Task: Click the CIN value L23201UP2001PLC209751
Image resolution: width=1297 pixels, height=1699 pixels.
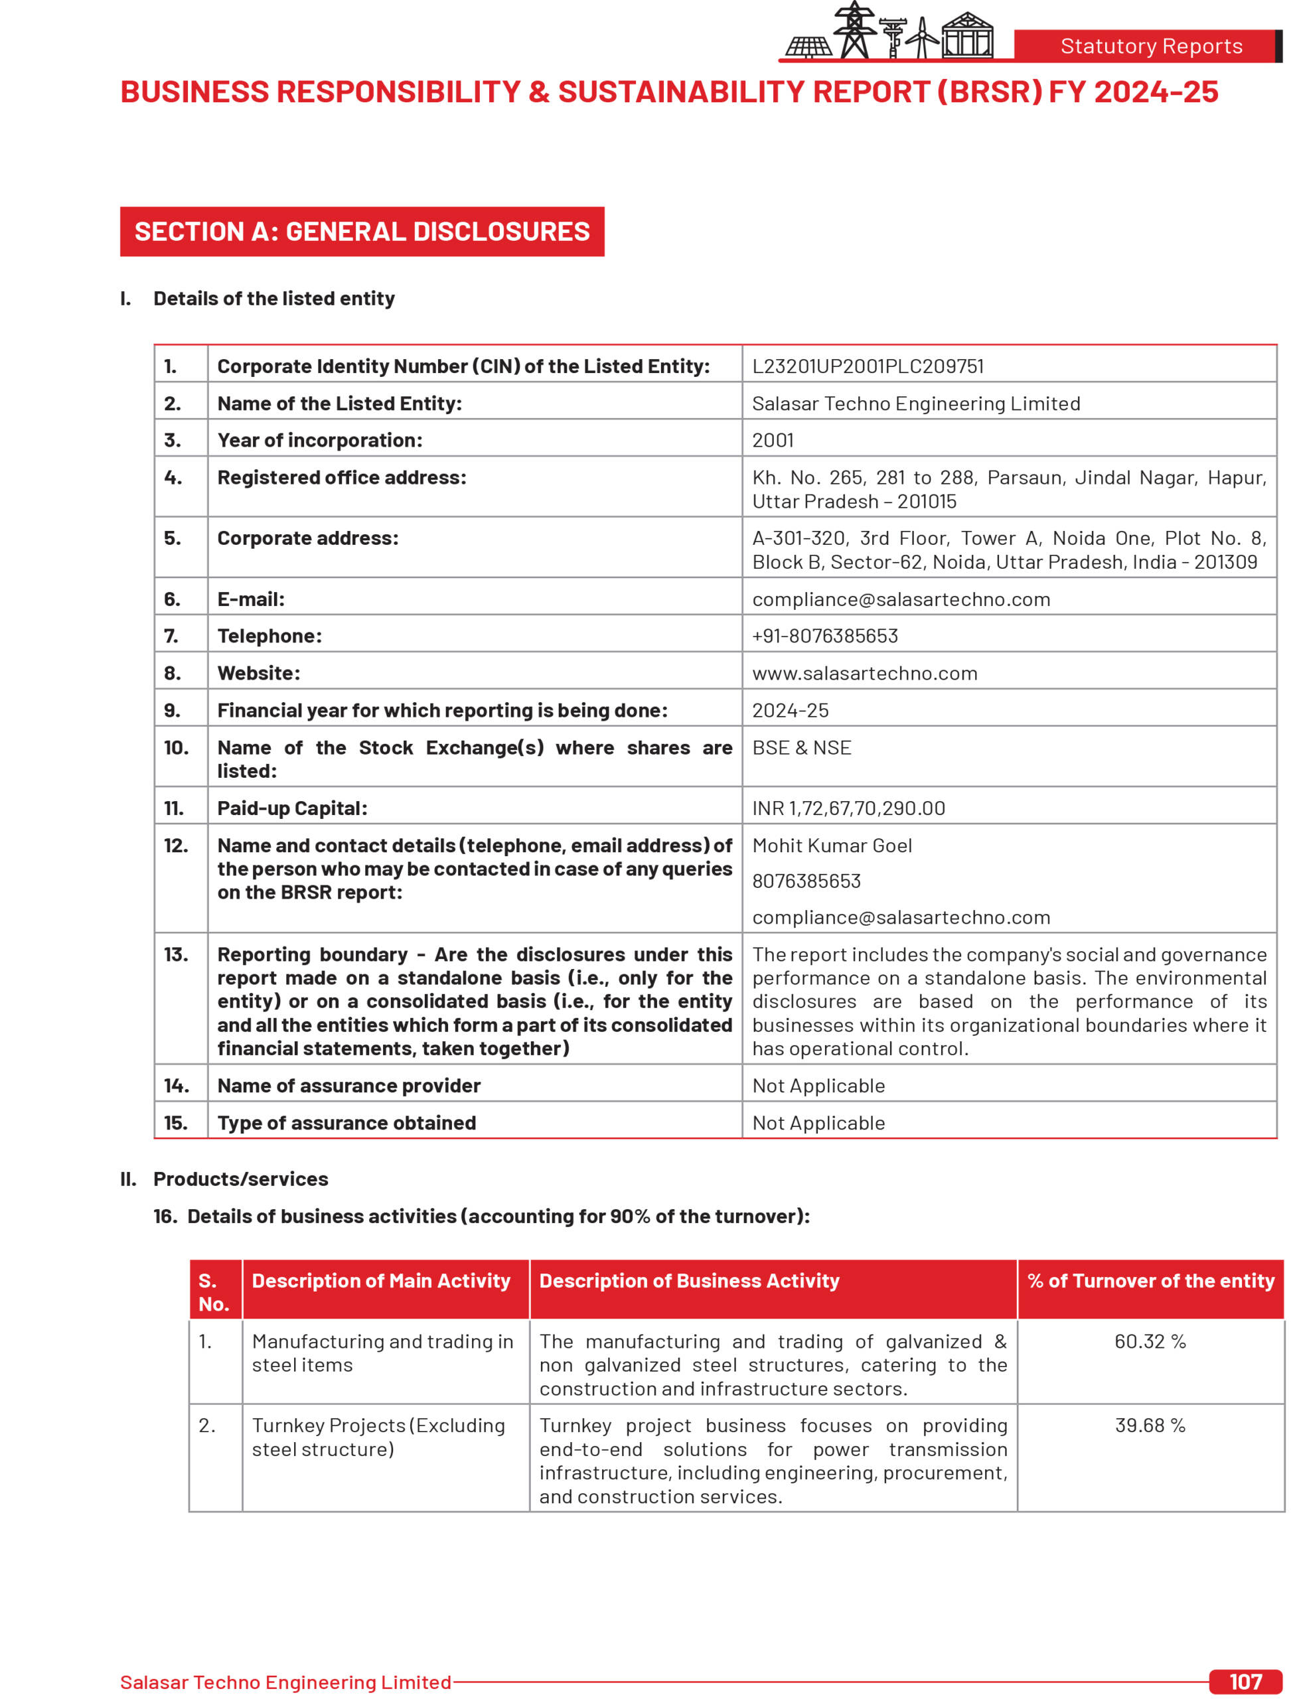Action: click(x=868, y=366)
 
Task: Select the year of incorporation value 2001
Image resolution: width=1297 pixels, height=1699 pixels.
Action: click(x=773, y=440)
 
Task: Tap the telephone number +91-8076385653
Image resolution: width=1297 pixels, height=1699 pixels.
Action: click(x=824, y=635)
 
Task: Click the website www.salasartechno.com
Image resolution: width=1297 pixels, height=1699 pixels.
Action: click(x=865, y=673)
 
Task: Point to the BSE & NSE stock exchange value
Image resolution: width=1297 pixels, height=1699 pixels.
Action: click(x=801, y=747)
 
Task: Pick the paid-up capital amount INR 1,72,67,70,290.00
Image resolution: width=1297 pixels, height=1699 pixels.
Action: click(x=848, y=808)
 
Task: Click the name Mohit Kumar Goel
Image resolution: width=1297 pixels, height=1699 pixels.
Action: click(x=832, y=846)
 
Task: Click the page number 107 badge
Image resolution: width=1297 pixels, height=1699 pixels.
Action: click(x=1245, y=1681)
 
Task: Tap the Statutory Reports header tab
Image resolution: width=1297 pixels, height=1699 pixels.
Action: click(x=1150, y=46)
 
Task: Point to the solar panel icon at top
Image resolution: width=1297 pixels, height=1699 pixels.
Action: click(x=808, y=48)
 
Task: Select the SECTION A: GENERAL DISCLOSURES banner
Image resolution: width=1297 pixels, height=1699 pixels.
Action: click(x=362, y=232)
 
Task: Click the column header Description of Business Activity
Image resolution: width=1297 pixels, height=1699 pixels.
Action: click(x=688, y=1281)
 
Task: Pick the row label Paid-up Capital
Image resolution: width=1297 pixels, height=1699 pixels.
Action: click(x=292, y=808)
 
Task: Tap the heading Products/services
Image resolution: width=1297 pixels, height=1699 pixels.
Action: click(x=240, y=1179)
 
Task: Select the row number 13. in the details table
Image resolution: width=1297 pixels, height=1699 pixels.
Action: click(x=175, y=954)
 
